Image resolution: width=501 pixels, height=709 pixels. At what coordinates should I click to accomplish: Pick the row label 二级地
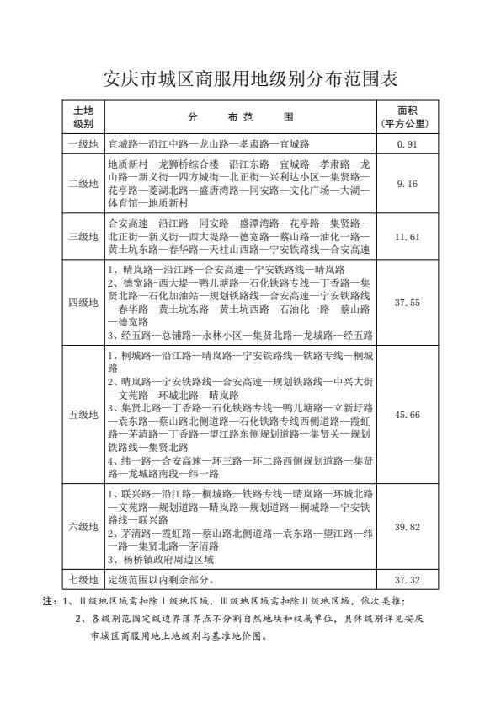[x=83, y=183]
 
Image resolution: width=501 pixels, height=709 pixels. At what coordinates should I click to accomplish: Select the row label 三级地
[x=83, y=237]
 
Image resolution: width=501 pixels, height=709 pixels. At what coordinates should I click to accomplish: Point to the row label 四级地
[x=83, y=303]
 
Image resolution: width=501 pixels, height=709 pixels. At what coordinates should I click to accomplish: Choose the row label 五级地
[x=83, y=414]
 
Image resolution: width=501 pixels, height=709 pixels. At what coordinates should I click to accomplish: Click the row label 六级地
[x=83, y=527]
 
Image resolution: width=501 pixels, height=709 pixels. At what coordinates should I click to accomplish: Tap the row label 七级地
[x=83, y=580]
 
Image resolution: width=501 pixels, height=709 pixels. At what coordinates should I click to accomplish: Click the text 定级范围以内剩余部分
[x=160, y=580]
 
